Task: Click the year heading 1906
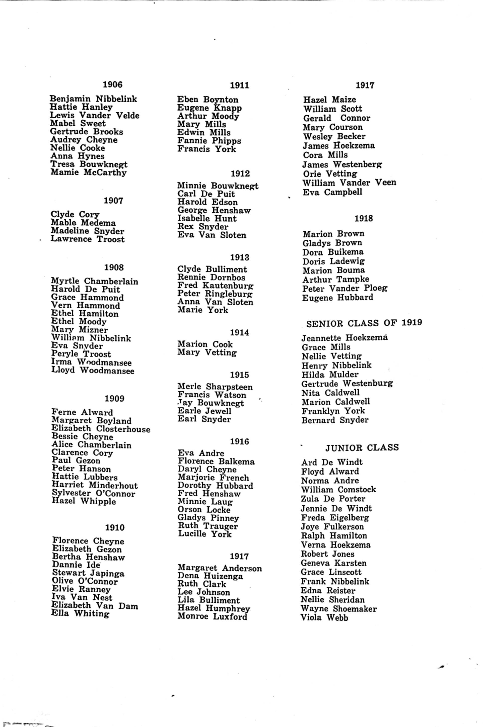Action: point(112,84)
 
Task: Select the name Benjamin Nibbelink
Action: point(93,99)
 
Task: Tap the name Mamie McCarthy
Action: point(88,172)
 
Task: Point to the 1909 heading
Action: point(114,399)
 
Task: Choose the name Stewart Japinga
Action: point(88,573)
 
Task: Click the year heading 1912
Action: point(240,173)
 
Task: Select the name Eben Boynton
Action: point(208,100)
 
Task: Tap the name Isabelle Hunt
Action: point(207,219)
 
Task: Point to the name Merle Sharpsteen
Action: point(215,387)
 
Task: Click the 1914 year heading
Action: point(239,333)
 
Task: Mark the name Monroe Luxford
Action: point(212,616)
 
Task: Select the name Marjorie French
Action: point(213,478)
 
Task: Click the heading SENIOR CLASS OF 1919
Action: point(364,323)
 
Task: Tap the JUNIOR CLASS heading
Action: point(362,447)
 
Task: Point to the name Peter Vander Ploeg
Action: point(345,289)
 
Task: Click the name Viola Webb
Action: point(324,618)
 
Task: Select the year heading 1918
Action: point(364,219)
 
